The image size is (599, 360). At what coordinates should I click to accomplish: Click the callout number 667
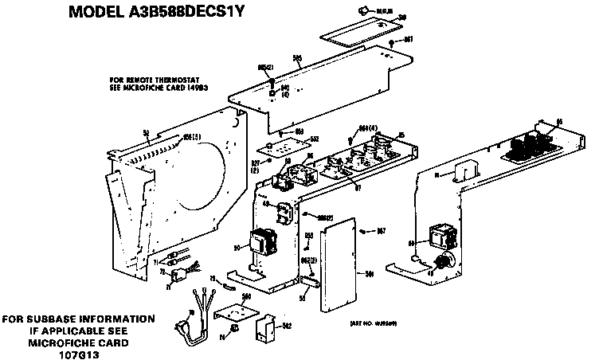(380, 232)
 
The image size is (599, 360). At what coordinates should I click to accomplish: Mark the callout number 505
(296, 57)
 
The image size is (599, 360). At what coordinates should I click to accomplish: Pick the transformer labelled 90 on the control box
(261, 243)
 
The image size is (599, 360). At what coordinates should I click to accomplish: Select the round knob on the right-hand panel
(447, 260)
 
